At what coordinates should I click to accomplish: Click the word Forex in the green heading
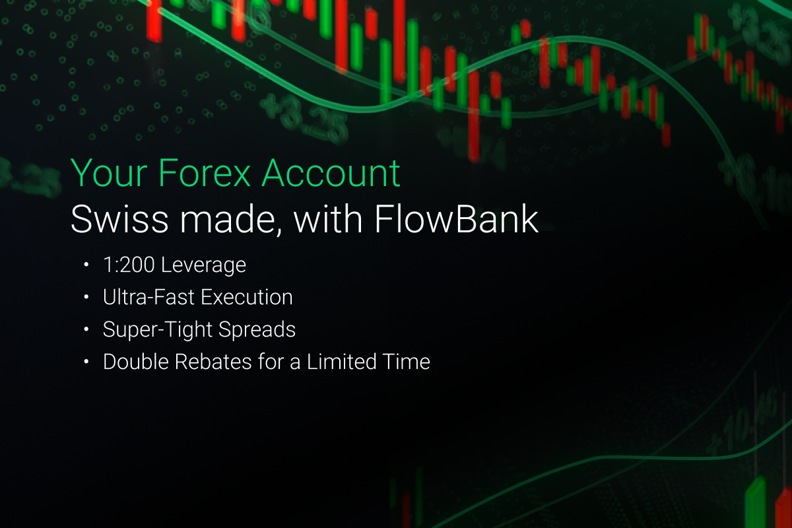205,173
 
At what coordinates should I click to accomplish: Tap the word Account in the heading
331,173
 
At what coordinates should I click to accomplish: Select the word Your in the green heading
109,173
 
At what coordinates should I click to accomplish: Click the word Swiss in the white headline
119,219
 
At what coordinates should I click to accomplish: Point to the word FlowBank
457,219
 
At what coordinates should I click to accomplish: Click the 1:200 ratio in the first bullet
129,265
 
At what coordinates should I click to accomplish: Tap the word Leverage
203,265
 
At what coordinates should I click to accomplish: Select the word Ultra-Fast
148,297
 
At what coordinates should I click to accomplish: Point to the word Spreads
257,330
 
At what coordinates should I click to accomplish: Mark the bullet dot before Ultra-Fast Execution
86,297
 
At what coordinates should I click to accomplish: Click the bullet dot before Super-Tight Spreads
86,329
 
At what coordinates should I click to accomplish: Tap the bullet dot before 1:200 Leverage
86,265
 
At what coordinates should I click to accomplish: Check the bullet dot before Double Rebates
86,362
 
